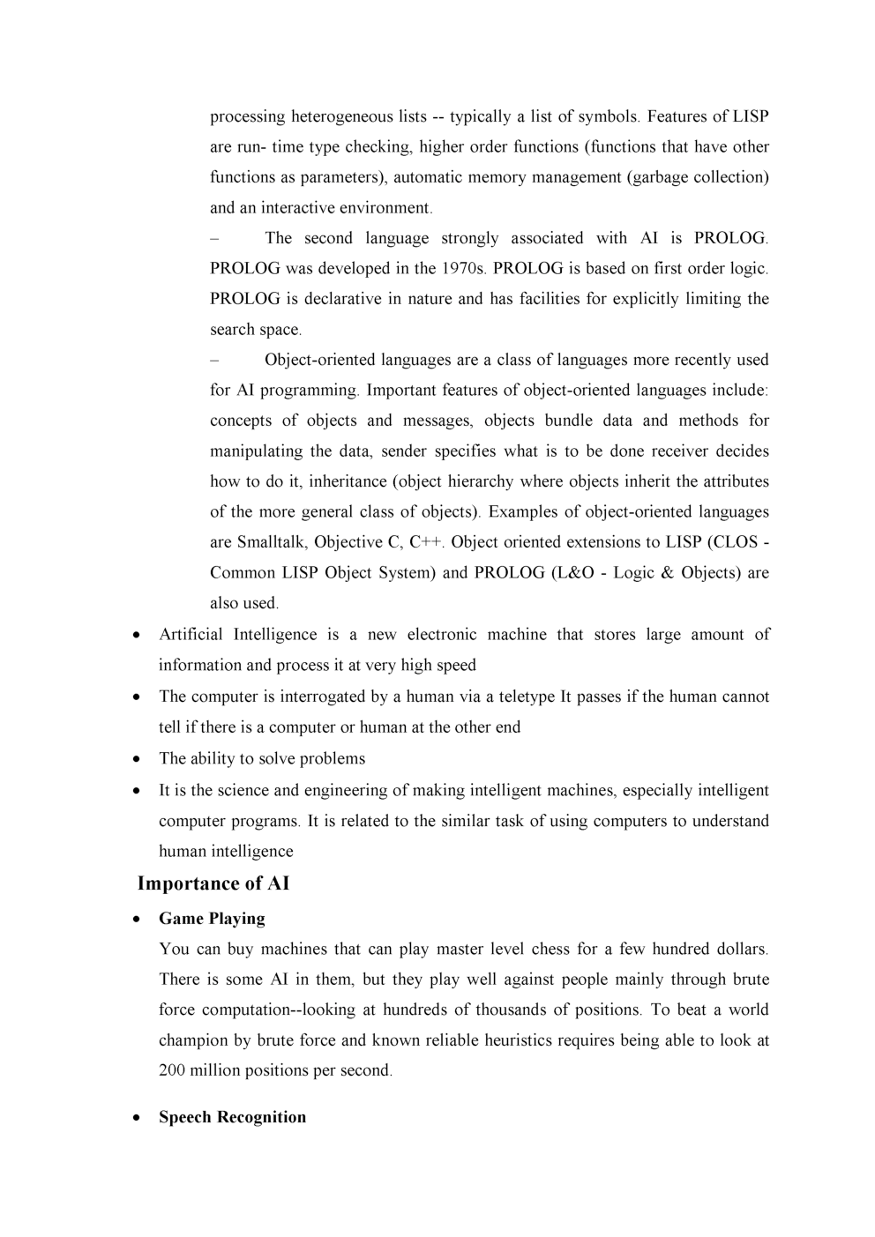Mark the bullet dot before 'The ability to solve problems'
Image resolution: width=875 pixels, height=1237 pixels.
(137, 759)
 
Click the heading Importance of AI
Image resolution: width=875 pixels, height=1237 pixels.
(213, 883)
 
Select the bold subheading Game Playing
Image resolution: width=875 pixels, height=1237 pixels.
(212, 919)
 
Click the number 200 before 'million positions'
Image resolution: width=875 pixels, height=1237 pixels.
(172, 1071)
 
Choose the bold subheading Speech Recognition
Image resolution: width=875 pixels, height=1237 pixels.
(232, 1117)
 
